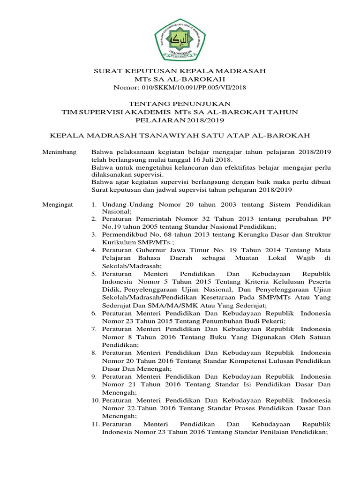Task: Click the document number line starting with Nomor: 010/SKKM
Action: (180, 87)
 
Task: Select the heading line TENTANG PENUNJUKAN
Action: (180, 103)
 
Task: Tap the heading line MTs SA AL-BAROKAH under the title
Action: (180, 79)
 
